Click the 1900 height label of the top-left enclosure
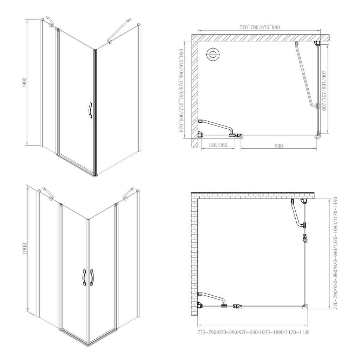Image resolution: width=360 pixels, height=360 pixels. click(x=25, y=83)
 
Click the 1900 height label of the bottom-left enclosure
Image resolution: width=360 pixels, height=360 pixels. click(x=25, y=249)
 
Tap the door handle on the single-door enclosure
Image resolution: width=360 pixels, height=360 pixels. click(x=91, y=110)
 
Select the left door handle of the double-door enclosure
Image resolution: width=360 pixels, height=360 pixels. click(x=84, y=277)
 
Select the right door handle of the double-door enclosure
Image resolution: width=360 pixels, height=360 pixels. click(x=92, y=277)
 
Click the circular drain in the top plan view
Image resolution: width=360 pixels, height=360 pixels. click(x=213, y=54)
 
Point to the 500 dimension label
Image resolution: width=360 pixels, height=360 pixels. click(x=279, y=146)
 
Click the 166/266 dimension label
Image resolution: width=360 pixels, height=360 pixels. click(x=218, y=145)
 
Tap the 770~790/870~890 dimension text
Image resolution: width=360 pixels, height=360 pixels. click(x=260, y=27)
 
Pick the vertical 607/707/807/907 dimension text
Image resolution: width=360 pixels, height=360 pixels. click(x=324, y=90)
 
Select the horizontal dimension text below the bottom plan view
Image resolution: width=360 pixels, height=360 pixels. click(x=253, y=332)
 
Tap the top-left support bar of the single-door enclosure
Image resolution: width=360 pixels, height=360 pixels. click(x=50, y=21)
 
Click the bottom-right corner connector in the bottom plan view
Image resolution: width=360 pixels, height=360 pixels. click(x=305, y=307)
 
